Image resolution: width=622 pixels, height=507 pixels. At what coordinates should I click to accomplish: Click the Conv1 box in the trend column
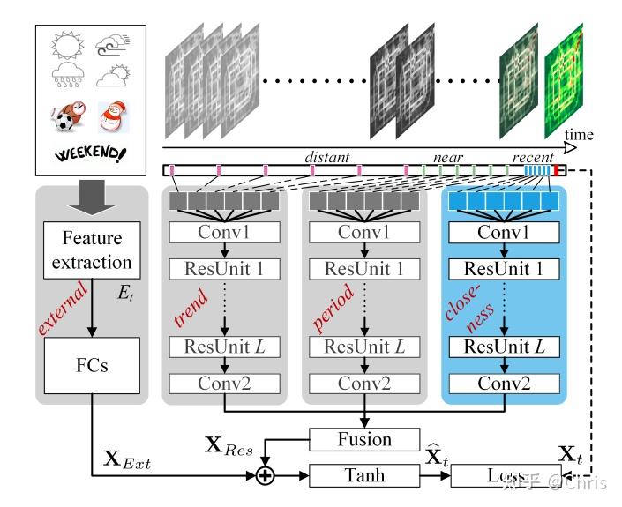pos(225,233)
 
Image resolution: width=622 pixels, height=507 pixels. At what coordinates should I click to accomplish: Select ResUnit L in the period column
pos(364,346)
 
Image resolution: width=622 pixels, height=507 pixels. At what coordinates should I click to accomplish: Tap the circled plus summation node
pos(263,476)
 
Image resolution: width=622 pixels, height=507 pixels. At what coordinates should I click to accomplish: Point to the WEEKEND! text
pos(90,154)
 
